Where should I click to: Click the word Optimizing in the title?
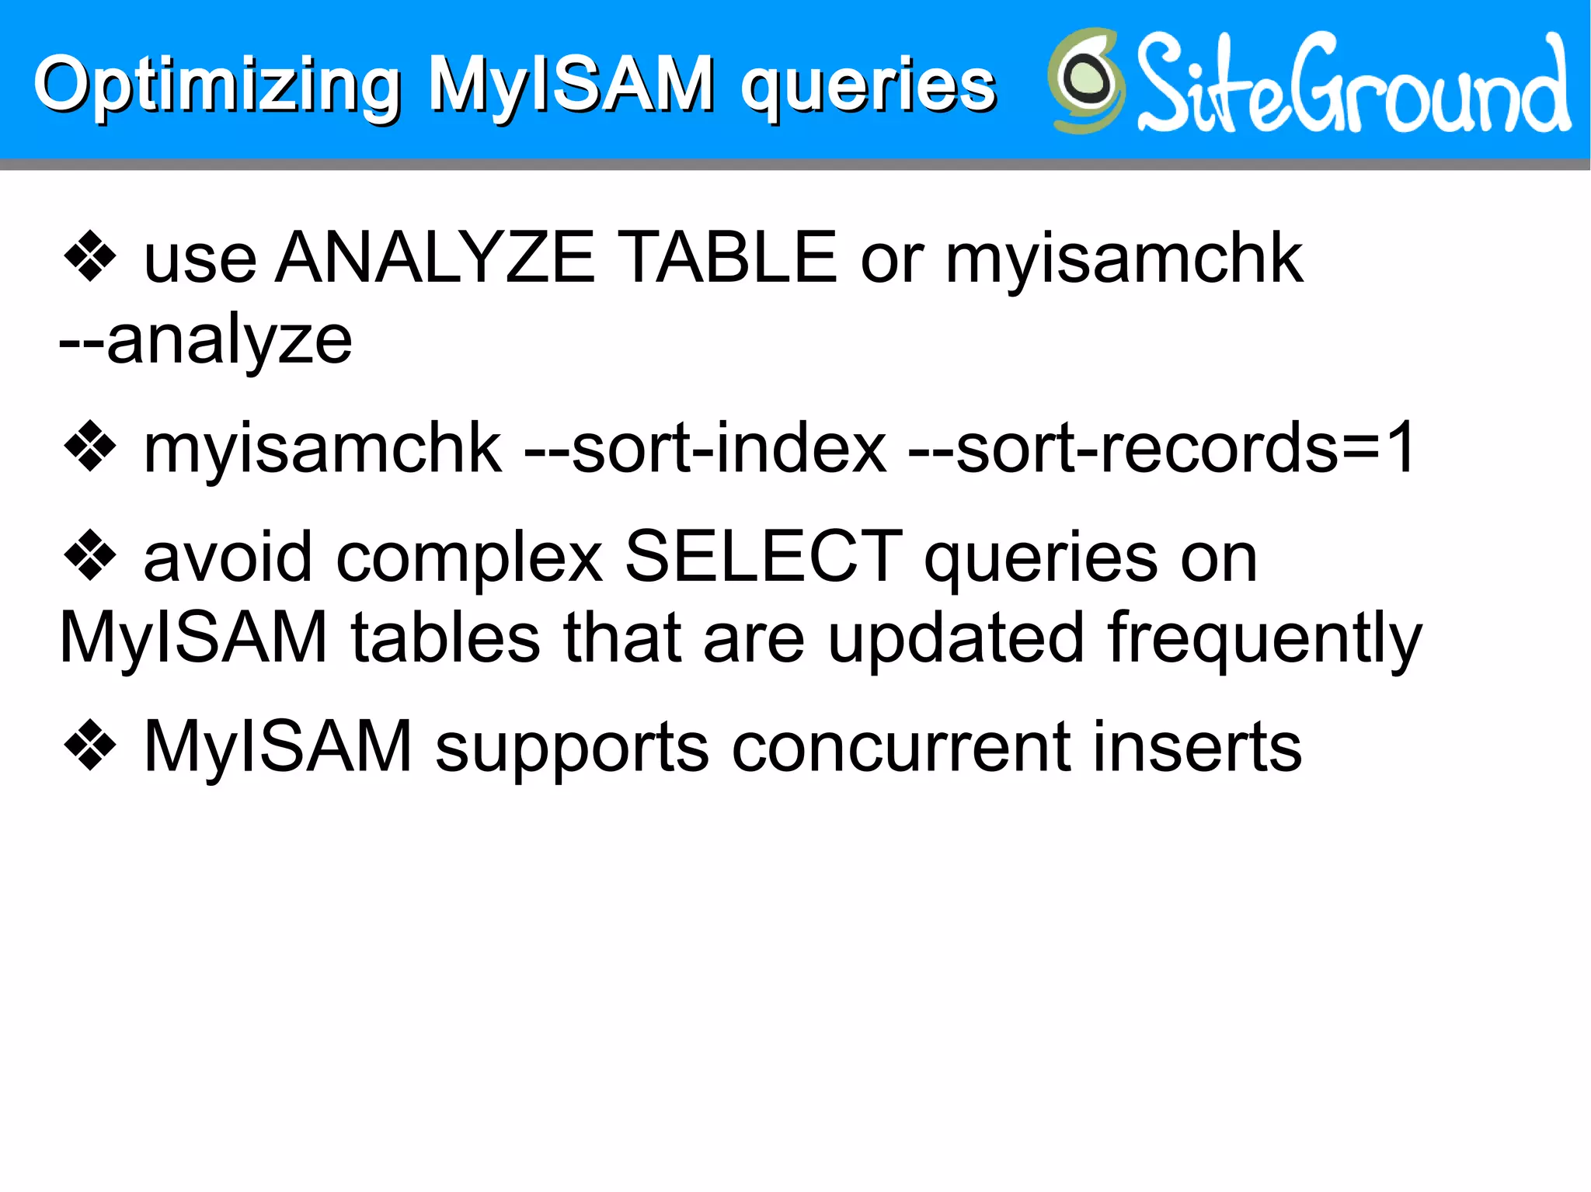[218, 85]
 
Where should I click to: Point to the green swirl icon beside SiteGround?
[1086, 81]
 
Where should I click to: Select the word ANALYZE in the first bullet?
[436, 258]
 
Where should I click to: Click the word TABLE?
[730, 258]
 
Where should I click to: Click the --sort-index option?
[705, 448]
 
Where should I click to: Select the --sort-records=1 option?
[1162, 448]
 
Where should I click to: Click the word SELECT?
[764, 557]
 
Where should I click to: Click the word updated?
[956, 638]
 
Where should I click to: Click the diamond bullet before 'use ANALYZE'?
[90, 257]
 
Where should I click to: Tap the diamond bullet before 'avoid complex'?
[90, 555]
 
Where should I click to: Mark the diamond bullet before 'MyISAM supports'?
[90, 745]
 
